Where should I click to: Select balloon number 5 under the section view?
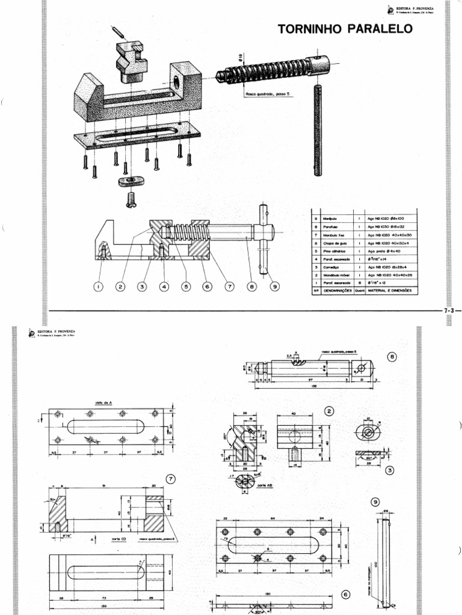(x=186, y=287)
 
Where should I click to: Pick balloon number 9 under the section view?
(x=275, y=287)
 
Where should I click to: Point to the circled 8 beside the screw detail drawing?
(x=393, y=357)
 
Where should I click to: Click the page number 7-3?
(x=450, y=311)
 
